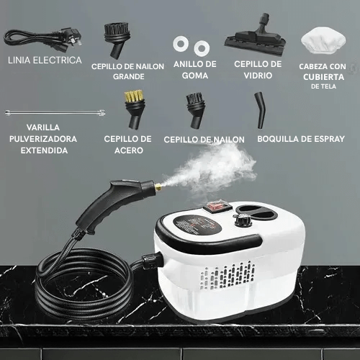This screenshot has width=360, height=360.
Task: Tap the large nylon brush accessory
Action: (x=117, y=40)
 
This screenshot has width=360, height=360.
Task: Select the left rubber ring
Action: (x=181, y=44)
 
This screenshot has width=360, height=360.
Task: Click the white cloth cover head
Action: (x=323, y=40)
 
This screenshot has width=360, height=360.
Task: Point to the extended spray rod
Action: (x=55, y=112)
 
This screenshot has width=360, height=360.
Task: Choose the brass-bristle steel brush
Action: (x=135, y=109)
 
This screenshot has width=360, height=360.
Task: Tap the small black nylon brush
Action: (x=196, y=111)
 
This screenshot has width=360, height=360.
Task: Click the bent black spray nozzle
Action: (x=261, y=110)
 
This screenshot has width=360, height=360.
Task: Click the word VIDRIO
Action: (x=258, y=76)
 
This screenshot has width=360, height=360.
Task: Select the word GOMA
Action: (x=195, y=76)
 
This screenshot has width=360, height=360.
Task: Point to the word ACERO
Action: (x=129, y=150)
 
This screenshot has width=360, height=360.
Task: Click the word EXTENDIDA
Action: (x=44, y=150)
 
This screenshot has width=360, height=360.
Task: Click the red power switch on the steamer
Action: (x=217, y=206)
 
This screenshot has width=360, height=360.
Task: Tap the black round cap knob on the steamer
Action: (x=242, y=220)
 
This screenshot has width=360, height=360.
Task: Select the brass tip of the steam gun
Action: (x=158, y=186)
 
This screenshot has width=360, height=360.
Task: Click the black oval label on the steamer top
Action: (x=197, y=225)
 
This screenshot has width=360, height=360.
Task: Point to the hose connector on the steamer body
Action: (x=151, y=261)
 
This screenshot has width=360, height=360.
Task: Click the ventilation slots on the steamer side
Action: (x=228, y=275)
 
